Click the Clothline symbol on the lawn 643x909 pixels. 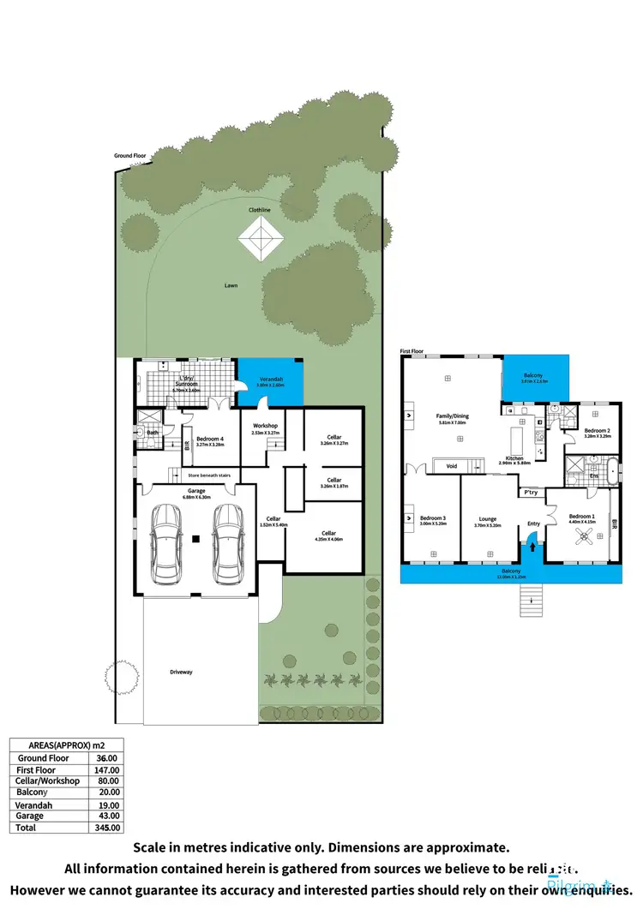pyautogui.click(x=261, y=237)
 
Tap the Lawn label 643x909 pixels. pyautogui.click(x=231, y=285)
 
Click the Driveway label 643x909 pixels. pyautogui.click(x=181, y=672)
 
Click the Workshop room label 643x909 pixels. pyautogui.click(x=264, y=426)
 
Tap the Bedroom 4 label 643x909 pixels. pyautogui.click(x=209, y=439)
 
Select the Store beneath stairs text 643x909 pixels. pyautogui.click(x=209, y=473)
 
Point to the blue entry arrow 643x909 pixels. pyautogui.click(x=532, y=543)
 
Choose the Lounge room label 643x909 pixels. pyautogui.click(x=487, y=519)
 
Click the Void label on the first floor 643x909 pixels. pyautogui.click(x=452, y=466)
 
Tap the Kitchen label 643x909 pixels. pyautogui.click(x=514, y=458)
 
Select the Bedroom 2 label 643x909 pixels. pyautogui.click(x=597, y=431)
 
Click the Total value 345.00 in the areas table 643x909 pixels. pyautogui.click(x=108, y=828)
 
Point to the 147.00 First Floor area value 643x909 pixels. pyautogui.click(x=108, y=770)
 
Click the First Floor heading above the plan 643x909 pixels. pyautogui.click(x=412, y=351)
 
